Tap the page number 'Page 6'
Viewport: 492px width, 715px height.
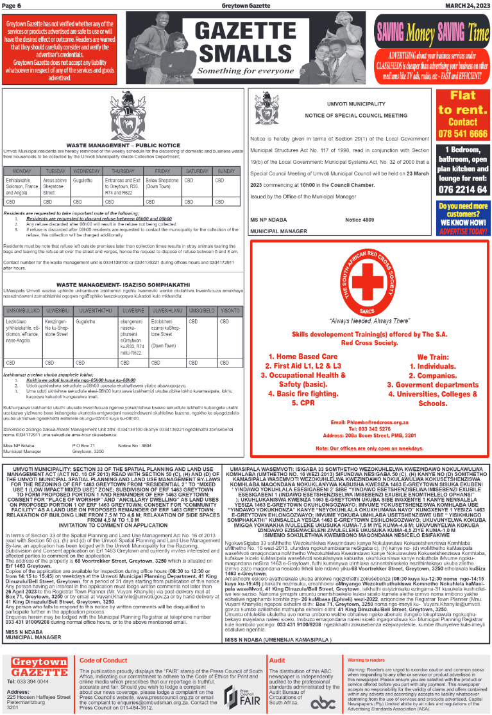(13, 5)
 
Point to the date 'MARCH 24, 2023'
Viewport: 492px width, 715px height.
(468, 5)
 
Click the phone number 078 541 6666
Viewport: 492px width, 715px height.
(462, 134)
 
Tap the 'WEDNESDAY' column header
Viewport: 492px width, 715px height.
(86, 172)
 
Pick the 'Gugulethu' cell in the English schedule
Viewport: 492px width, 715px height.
(86, 182)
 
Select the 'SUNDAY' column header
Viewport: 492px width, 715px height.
(226, 172)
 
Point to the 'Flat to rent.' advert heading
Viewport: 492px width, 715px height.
(462, 102)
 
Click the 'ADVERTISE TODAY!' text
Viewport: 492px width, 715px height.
(462, 231)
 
